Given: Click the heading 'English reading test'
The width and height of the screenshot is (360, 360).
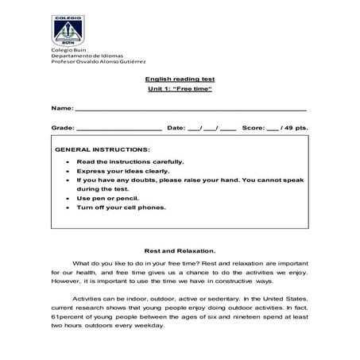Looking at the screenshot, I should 180,79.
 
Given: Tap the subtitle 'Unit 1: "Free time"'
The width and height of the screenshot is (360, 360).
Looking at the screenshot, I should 180,89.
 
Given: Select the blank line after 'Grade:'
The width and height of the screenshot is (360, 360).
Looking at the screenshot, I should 118,127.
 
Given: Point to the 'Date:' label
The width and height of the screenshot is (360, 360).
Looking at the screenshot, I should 176,127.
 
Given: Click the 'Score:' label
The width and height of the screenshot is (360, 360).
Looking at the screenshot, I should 254,127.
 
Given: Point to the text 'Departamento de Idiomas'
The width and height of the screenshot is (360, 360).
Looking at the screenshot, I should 83,57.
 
